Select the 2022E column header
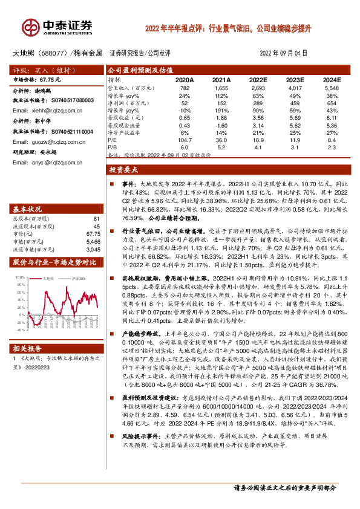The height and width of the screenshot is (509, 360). click(x=258, y=80)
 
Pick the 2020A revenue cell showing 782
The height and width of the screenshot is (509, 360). click(x=185, y=88)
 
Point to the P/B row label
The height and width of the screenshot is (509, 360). click(x=113, y=146)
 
